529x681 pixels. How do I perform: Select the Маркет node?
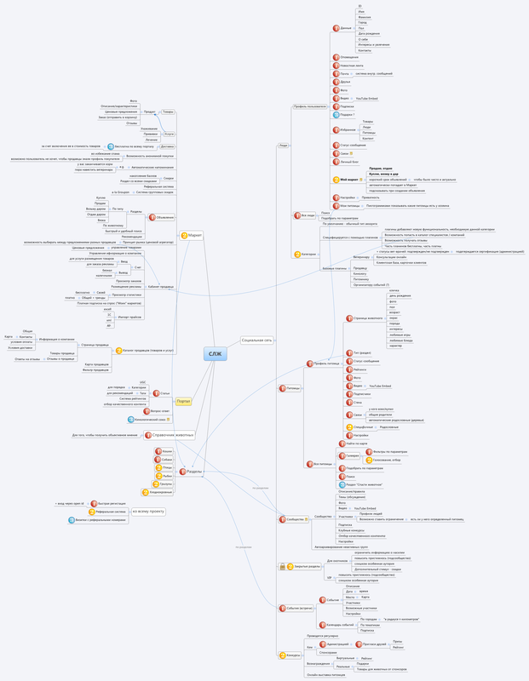point(194,235)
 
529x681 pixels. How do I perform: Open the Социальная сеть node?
point(256,340)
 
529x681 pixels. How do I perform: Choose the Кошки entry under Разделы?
point(167,450)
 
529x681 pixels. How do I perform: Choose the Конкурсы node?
point(291,655)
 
